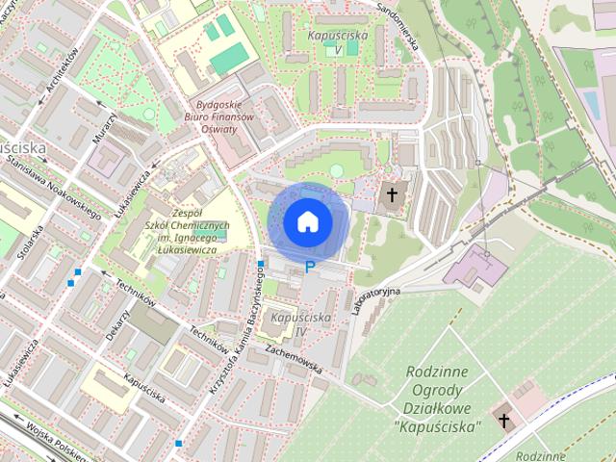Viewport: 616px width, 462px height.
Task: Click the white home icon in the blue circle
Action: pos(307,222)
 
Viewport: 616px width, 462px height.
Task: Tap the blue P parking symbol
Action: pos(309,268)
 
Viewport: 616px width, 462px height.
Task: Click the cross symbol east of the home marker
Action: pos(392,196)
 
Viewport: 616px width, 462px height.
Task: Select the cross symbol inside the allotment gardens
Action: pos(504,421)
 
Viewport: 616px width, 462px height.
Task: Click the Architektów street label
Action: pos(61,74)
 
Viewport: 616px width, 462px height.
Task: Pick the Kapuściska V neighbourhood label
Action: pos(336,41)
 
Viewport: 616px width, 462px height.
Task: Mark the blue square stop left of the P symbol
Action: pos(261,264)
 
